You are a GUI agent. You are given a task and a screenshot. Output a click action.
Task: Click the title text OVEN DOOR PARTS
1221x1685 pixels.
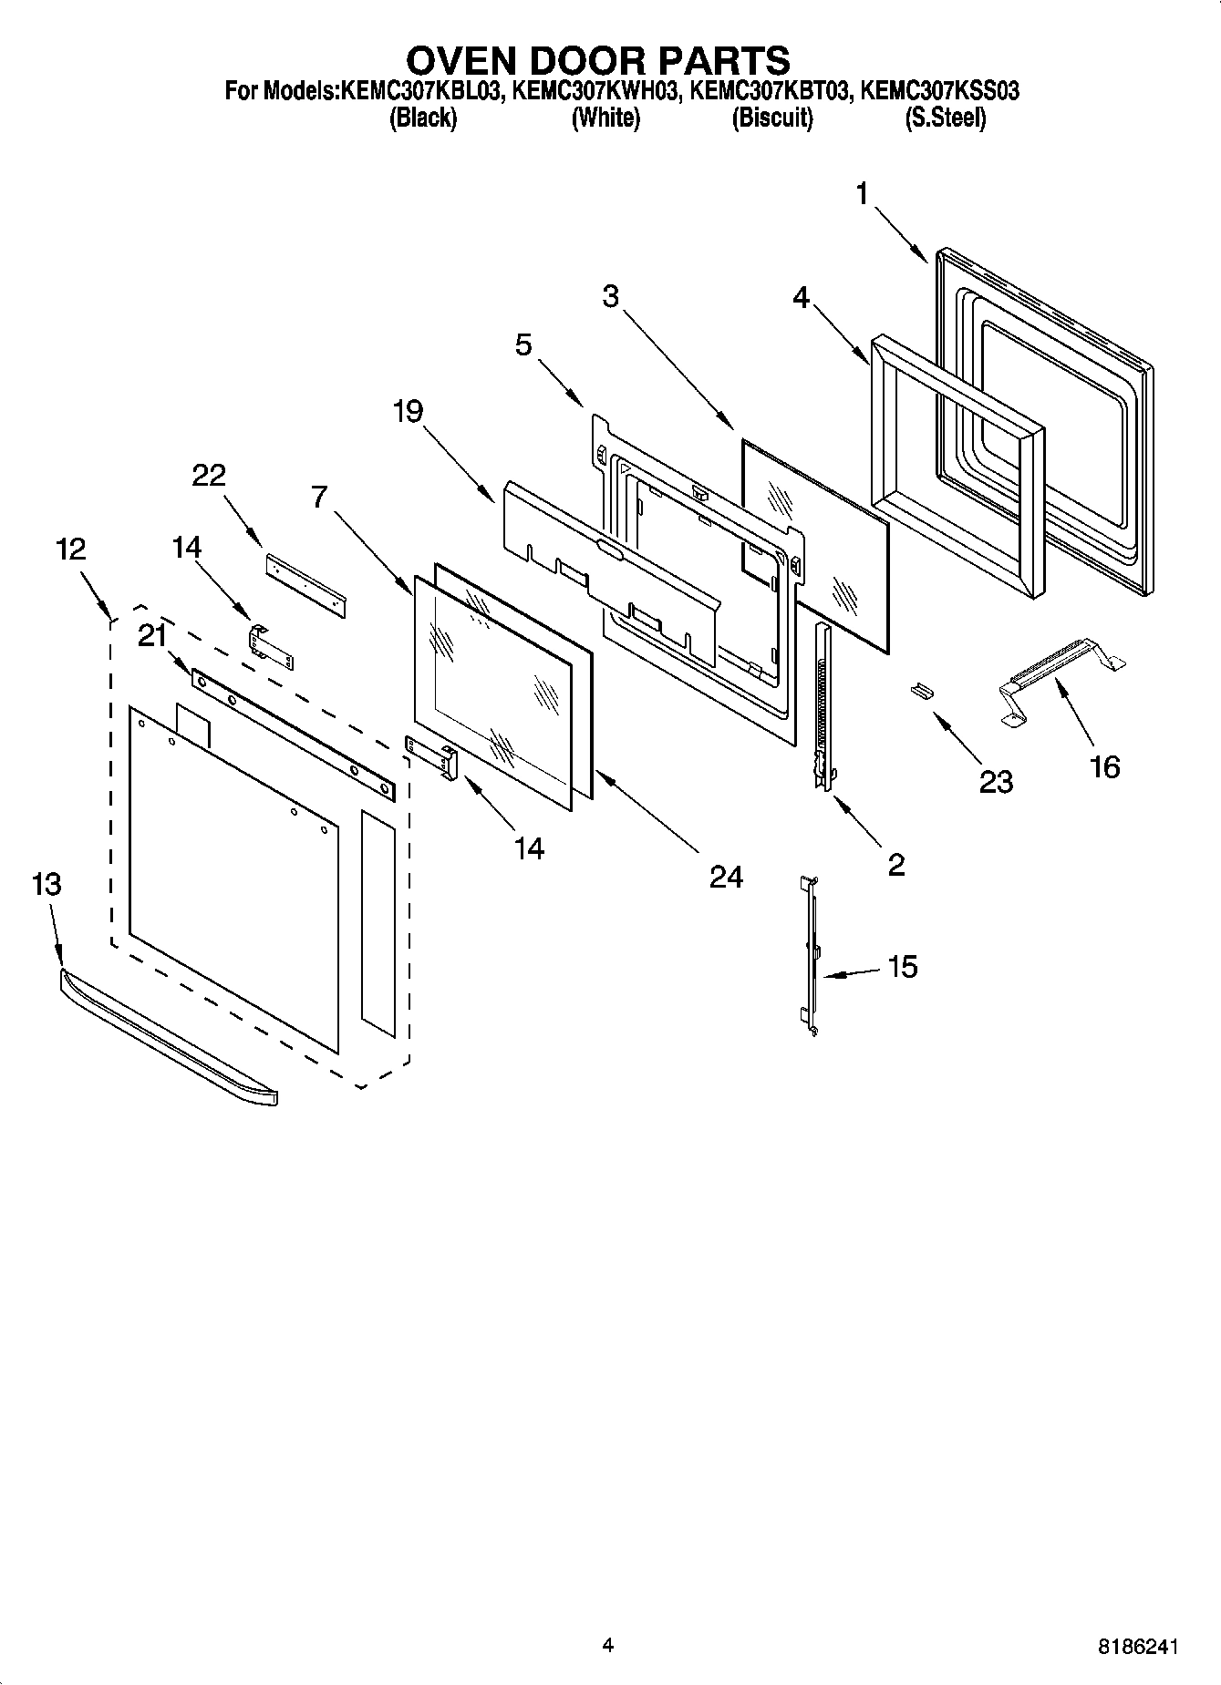click(597, 60)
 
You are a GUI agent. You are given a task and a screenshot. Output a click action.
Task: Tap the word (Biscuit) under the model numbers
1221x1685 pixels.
click(771, 118)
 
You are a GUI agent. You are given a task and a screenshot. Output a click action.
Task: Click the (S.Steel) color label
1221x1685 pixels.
click(945, 118)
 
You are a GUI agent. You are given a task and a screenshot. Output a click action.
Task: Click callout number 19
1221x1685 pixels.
click(408, 412)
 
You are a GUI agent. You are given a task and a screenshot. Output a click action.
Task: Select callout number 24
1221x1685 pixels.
click(726, 877)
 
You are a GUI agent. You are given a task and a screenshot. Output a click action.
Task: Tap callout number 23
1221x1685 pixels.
click(996, 781)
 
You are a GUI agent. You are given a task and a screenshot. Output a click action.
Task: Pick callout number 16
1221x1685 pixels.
click(1104, 766)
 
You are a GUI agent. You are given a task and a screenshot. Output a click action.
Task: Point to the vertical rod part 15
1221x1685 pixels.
click(809, 957)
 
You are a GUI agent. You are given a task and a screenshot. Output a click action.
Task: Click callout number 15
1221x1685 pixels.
click(902, 966)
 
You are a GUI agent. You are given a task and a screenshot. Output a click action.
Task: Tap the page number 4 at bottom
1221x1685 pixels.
click(608, 1645)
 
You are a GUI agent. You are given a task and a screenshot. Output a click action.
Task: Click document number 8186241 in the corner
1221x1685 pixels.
click(1137, 1647)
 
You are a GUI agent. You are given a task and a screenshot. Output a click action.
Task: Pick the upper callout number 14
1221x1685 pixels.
click(187, 547)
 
